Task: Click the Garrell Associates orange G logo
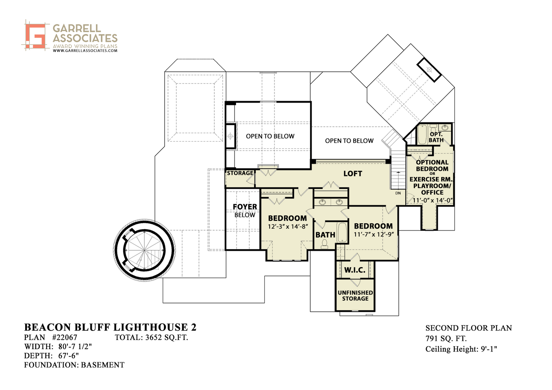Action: tap(36, 36)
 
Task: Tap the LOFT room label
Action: tap(353, 174)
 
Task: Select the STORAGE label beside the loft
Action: tap(240, 173)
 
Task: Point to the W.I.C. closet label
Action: tap(355, 270)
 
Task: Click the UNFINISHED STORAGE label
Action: tap(355, 295)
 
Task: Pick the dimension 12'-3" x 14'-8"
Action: tap(288, 226)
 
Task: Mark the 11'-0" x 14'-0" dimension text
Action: tap(433, 200)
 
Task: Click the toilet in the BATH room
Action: tap(324, 244)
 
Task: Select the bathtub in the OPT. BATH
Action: tap(422, 134)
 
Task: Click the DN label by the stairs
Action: tap(398, 193)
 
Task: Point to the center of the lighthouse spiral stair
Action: tap(144, 250)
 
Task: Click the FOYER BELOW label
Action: tap(245, 211)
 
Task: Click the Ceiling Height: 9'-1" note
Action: tap(461, 349)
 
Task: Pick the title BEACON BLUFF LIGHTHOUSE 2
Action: tap(110, 327)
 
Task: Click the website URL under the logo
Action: tap(85, 50)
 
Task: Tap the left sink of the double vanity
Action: tap(322, 202)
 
